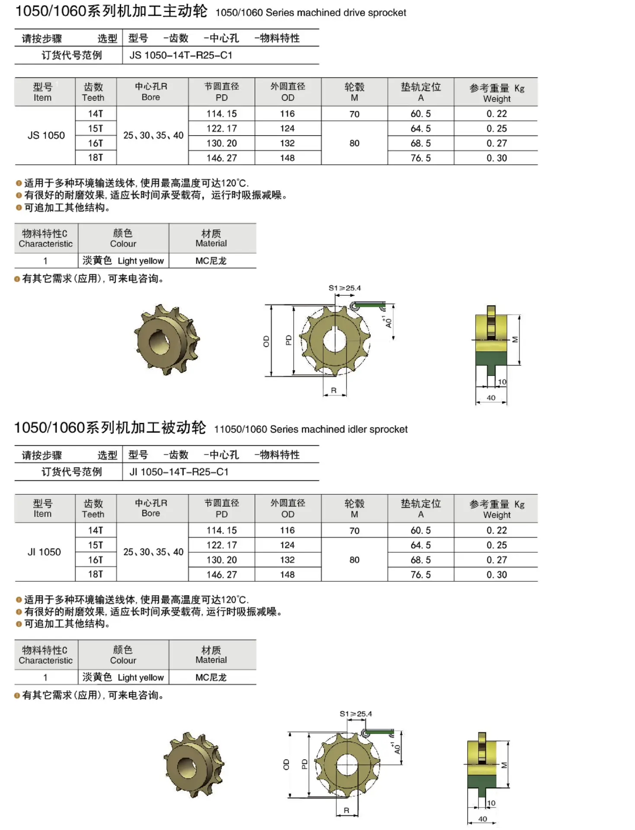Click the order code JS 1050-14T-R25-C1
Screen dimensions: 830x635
pyautogui.click(x=181, y=55)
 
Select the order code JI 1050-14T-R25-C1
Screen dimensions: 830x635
pyautogui.click(x=179, y=472)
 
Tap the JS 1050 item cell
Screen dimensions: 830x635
pyautogui.click(x=46, y=135)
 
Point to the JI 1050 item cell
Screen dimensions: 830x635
pyautogui.click(x=44, y=552)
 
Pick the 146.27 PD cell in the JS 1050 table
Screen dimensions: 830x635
pyautogui.click(x=221, y=158)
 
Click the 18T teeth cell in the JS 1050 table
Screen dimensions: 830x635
pyautogui.click(x=96, y=158)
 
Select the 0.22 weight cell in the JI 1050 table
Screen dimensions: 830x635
pyautogui.click(x=497, y=530)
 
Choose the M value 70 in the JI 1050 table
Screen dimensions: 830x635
pyautogui.click(x=354, y=531)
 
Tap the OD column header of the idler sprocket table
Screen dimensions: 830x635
pyautogui.click(x=288, y=509)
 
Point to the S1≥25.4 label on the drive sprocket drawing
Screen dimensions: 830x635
pyautogui.click(x=344, y=288)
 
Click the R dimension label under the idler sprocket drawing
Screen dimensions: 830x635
pyautogui.click(x=346, y=811)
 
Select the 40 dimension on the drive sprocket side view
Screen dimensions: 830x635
pyautogui.click(x=491, y=398)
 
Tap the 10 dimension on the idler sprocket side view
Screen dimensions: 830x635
pyautogui.click(x=491, y=803)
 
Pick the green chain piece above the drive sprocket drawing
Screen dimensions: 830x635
pyautogui.click(x=368, y=306)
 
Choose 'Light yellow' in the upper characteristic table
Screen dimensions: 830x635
pyautogui.click(x=141, y=261)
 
